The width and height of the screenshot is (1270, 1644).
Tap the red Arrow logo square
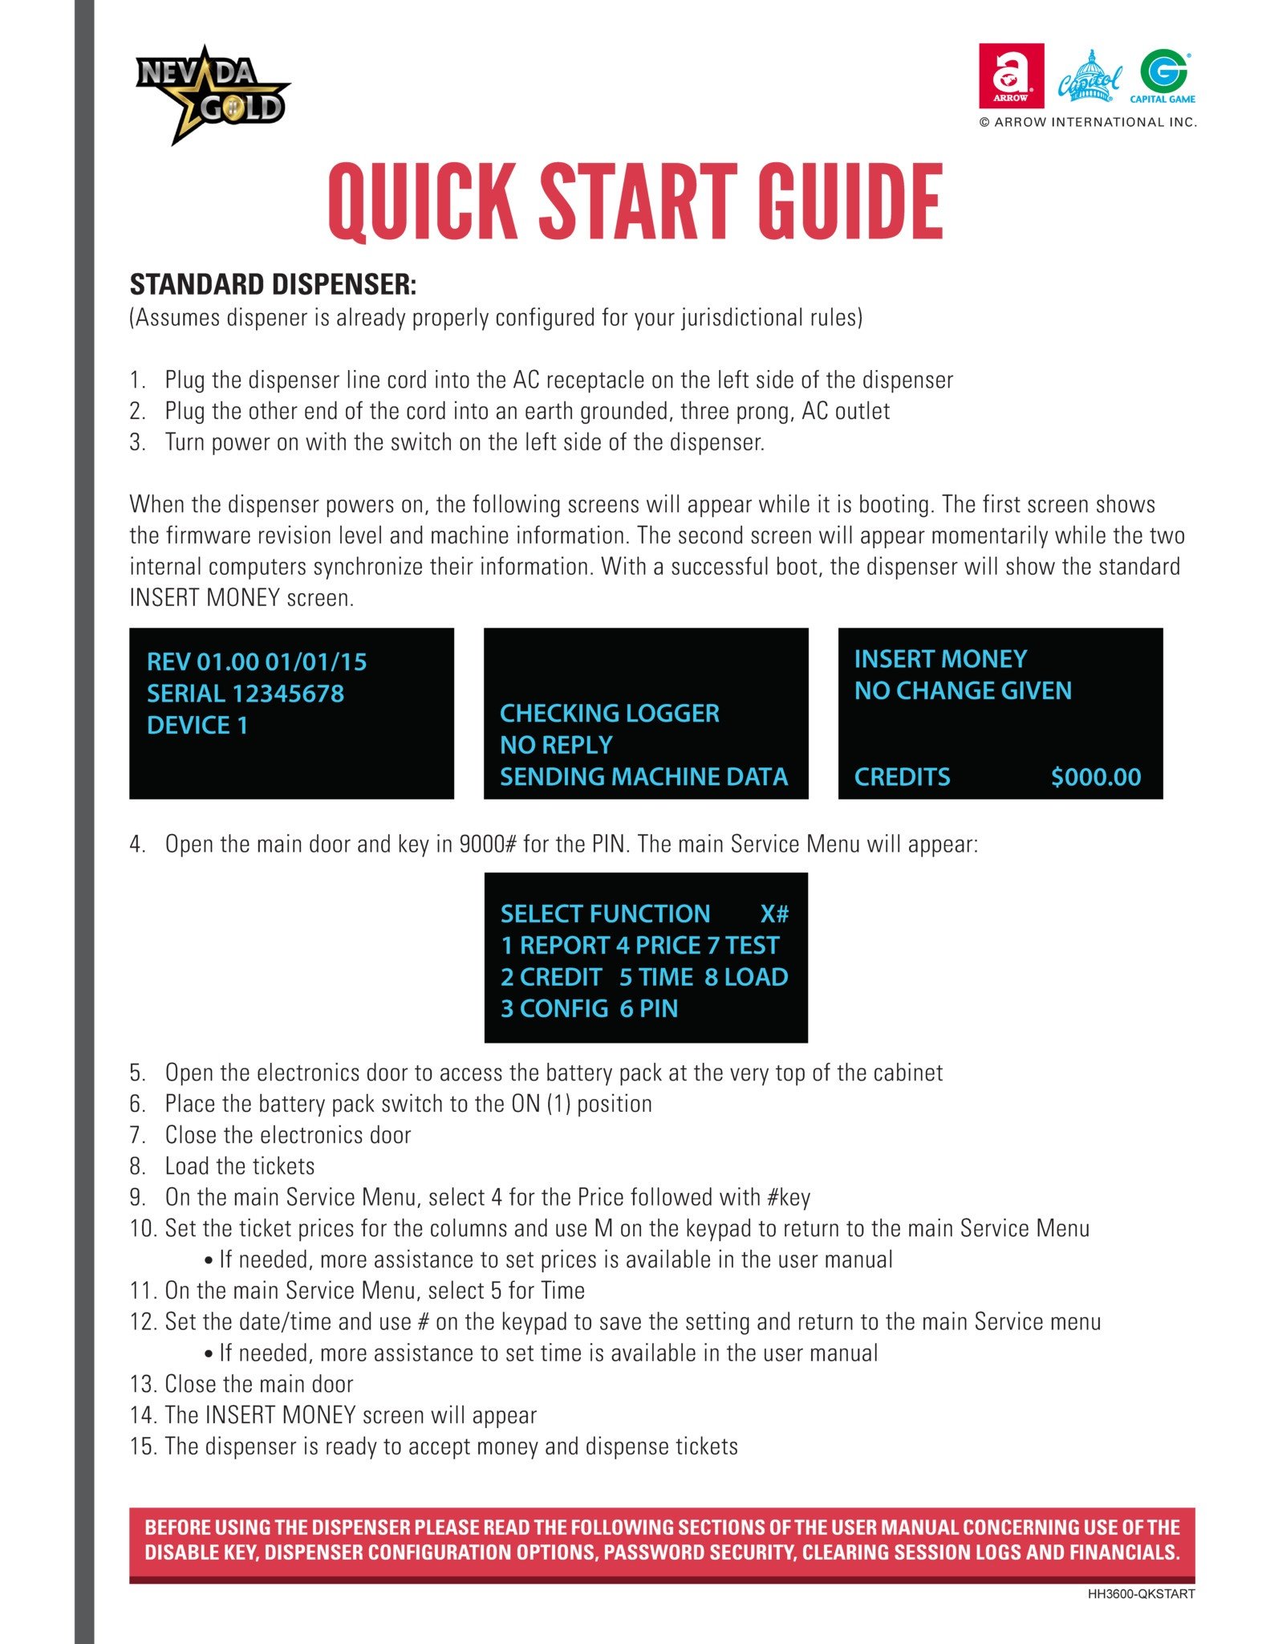[x=1011, y=75]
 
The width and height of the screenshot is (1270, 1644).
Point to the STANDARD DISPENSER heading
[x=273, y=285]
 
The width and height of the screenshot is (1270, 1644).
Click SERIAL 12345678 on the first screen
[x=245, y=694]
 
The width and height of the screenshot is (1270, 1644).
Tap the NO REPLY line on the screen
[x=556, y=745]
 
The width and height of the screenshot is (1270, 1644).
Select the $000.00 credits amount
[x=1096, y=777]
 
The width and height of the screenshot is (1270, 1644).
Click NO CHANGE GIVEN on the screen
[x=963, y=690]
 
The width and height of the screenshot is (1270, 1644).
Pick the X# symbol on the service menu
[x=774, y=914]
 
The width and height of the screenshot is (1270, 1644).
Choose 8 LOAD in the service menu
[x=746, y=977]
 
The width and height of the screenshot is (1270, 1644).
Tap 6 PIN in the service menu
[x=648, y=1008]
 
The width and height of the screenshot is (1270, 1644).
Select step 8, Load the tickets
[x=239, y=1166]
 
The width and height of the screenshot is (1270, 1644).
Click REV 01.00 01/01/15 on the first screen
[x=257, y=662]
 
